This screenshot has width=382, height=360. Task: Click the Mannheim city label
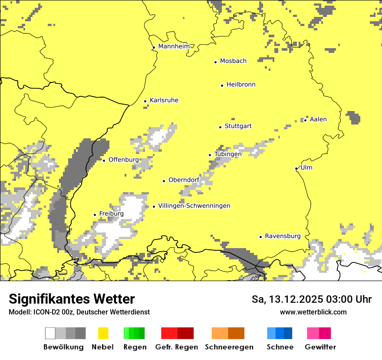174,46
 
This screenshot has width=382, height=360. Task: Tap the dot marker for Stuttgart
220,127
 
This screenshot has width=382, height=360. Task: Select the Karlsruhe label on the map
164,100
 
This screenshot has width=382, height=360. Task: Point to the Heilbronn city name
241,85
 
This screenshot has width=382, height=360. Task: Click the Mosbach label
233,61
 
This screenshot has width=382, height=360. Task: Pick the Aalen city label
318,119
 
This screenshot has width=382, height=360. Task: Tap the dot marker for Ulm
296,168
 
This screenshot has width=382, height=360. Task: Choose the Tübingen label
228,154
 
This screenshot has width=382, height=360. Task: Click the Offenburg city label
123,160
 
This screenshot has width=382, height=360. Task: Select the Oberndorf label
184,180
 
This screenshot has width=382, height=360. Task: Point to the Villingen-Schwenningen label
194,206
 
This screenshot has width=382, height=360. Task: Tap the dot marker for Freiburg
95,215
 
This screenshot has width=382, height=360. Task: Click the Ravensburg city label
283,236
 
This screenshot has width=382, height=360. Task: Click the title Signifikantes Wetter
72,299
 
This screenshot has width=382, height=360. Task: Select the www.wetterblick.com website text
313,312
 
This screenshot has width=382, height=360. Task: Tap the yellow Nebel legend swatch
103,333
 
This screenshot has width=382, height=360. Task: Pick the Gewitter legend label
320,347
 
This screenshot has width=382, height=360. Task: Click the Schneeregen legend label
229,347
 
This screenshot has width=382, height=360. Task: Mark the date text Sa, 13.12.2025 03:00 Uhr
311,299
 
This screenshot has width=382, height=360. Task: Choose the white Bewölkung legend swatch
50,333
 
